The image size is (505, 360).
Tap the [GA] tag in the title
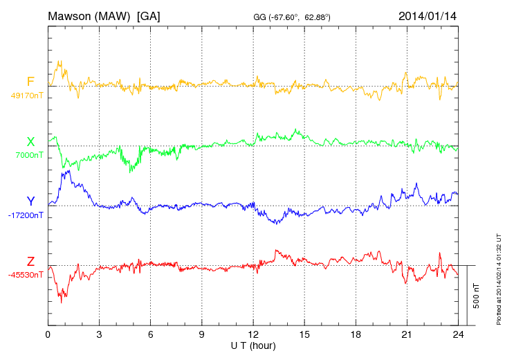[149, 15]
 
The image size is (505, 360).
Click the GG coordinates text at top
[292, 17]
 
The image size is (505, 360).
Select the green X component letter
[30, 142]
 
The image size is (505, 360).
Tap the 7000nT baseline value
[28, 155]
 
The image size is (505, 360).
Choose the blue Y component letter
[30, 201]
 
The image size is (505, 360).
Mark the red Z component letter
[30, 261]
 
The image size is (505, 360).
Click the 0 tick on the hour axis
[48, 334]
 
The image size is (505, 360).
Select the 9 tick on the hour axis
[202, 334]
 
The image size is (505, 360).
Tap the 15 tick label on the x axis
[304, 334]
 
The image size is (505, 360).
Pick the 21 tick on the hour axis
[407, 334]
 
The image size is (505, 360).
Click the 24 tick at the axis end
[458, 334]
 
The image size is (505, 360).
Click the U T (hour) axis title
[253, 345]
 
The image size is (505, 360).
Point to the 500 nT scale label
[477, 296]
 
